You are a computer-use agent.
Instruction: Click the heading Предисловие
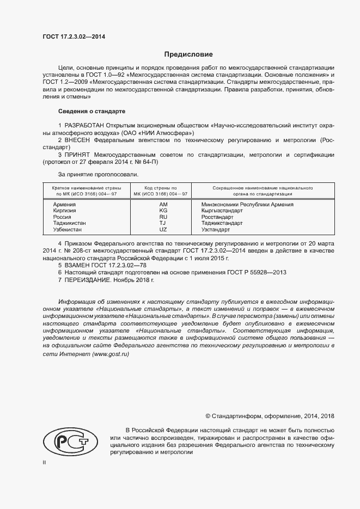pos(188,54)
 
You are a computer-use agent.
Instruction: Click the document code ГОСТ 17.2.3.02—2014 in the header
pos(75,36)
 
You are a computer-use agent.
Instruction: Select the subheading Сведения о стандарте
pos(91,111)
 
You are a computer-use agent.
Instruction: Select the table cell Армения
pos(64,204)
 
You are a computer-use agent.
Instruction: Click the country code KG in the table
pos(162,211)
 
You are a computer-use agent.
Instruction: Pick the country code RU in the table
pos(162,217)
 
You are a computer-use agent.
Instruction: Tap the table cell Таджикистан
pos(70,223)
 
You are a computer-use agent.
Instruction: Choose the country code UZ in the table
pos(162,230)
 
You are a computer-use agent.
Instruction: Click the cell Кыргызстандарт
pos(222,211)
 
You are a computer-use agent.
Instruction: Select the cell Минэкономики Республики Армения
pos(247,204)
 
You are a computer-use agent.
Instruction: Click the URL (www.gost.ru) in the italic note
pos(111,354)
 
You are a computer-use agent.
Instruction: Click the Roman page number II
pos(45,462)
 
